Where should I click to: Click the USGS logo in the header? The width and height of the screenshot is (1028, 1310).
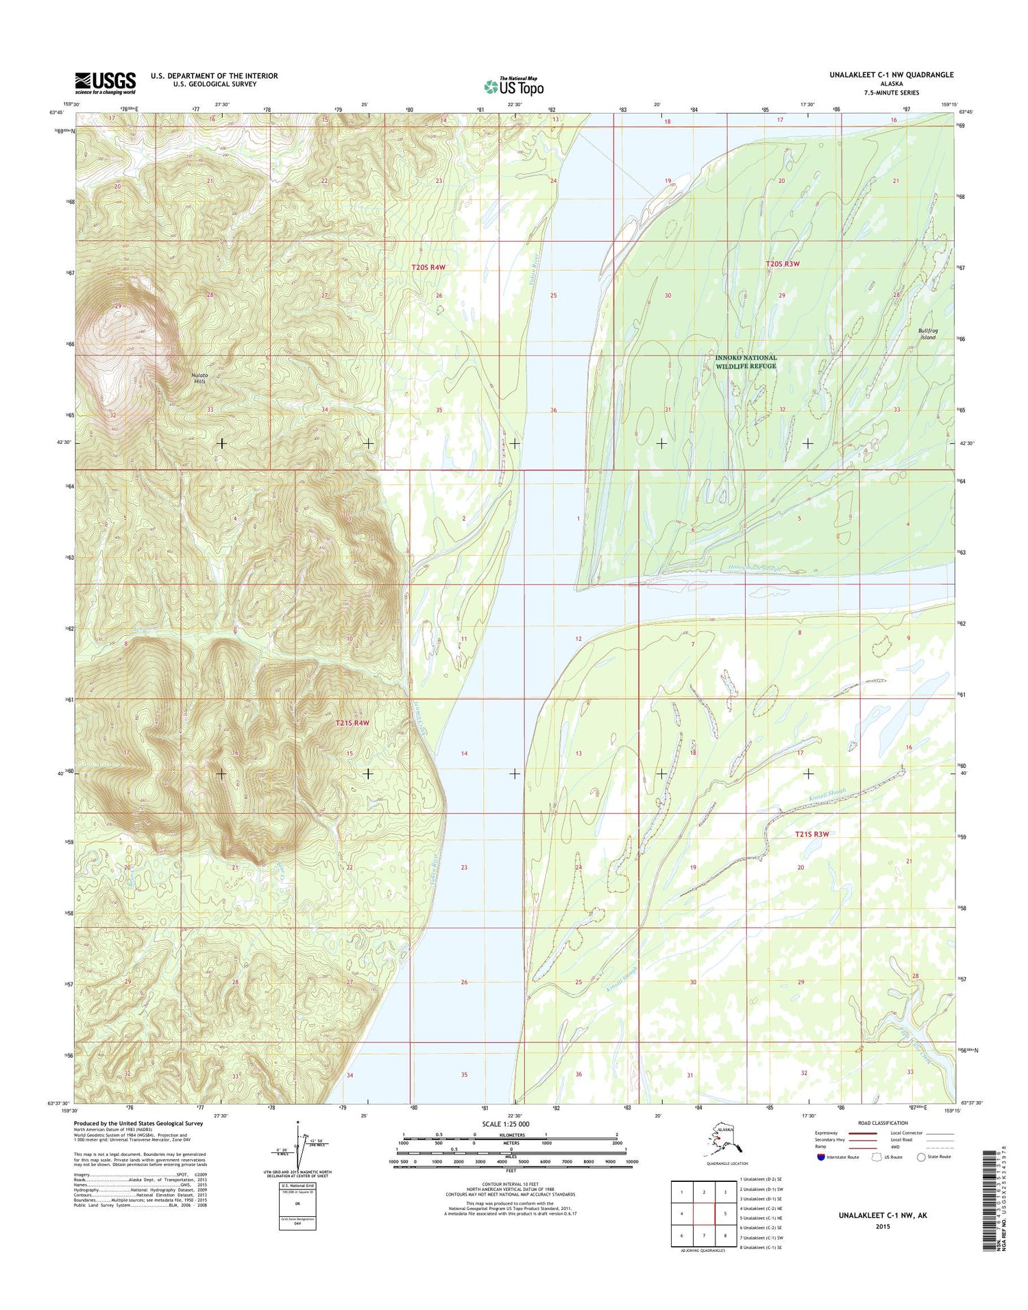click(105, 83)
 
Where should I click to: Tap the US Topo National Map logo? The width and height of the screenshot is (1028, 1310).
click(514, 86)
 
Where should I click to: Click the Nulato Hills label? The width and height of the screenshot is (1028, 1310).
click(199, 378)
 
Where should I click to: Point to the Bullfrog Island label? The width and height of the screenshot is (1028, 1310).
click(927, 334)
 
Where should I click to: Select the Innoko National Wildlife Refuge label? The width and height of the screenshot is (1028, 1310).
click(746, 362)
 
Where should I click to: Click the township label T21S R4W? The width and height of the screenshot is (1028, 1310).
click(352, 723)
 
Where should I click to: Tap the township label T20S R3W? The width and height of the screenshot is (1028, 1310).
click(783, 264)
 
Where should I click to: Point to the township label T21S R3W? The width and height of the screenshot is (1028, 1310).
click(812, 834)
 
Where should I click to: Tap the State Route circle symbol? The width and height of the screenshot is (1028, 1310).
click(920, 1157)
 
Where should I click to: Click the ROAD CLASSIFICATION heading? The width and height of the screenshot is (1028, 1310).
click(883, 1123)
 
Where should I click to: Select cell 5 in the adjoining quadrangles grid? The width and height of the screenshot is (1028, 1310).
click(725, 1213)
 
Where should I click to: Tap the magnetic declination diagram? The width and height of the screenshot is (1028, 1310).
click(297, 1146)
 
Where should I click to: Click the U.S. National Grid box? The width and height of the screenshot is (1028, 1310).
click(297, 1205)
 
